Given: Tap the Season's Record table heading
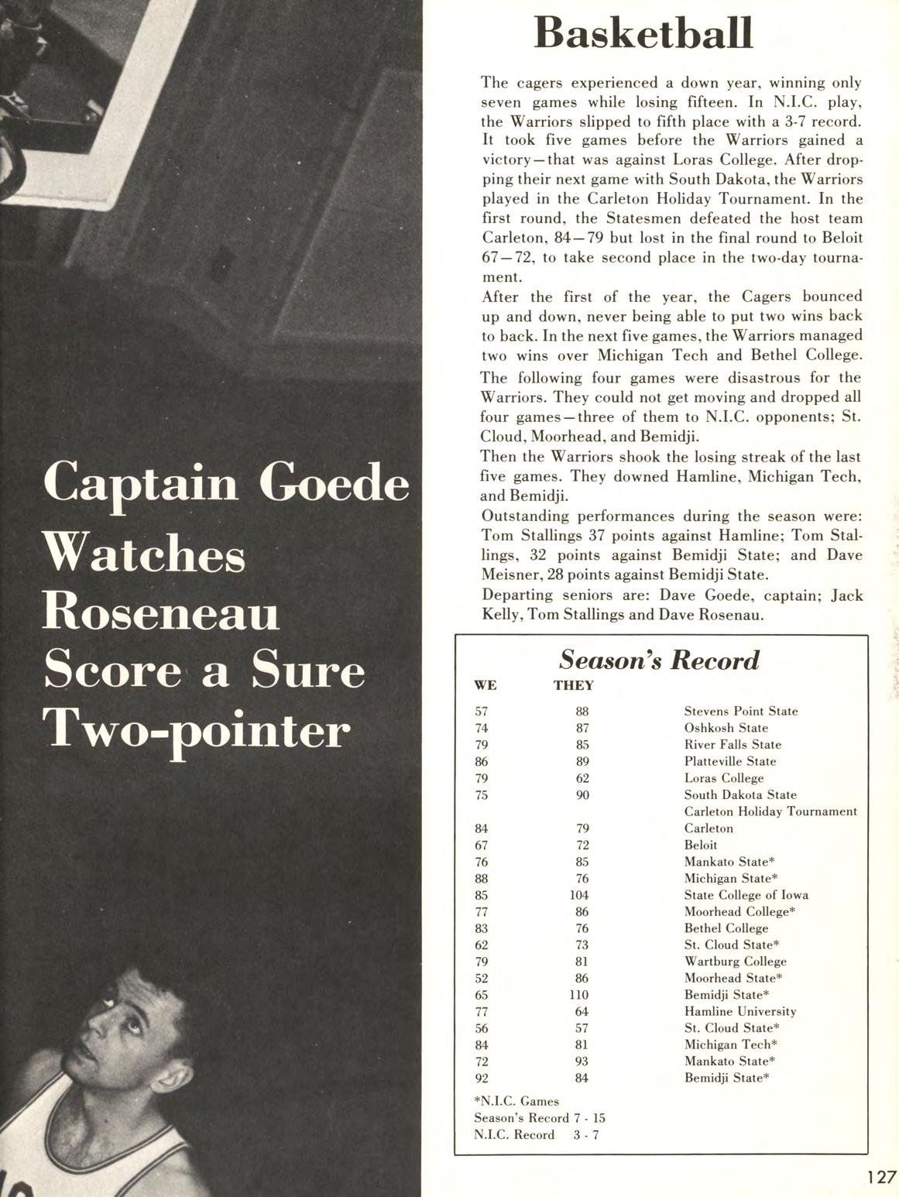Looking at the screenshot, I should pos(659,660).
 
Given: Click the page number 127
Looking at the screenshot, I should pos(881,1177).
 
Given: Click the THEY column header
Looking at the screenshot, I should pos(574,685).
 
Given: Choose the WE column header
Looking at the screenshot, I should pos(485,685).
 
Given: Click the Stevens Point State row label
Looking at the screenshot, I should pos(740,711).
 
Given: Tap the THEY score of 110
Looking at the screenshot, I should pos(578,995).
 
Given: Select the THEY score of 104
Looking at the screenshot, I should pos(578,894).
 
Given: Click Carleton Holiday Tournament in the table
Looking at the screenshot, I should pos(770,811).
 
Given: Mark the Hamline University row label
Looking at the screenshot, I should pos(739,1011).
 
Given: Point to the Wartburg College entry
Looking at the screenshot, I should pos(735,962).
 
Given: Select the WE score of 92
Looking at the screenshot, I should pos(482,1078).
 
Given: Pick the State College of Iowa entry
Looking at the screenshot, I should pos(746,894).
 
